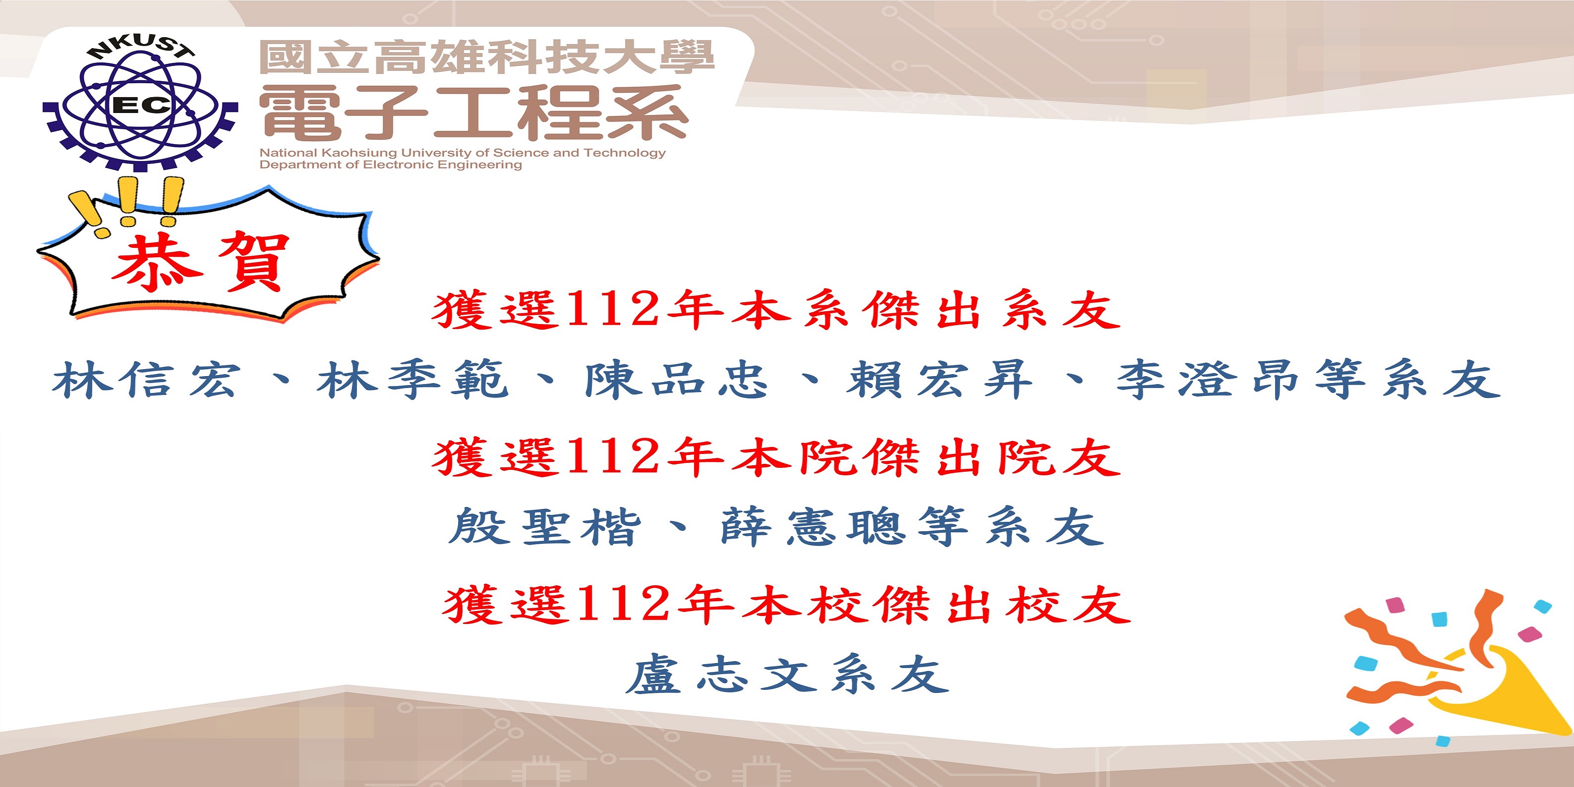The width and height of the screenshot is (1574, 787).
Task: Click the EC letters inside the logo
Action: tap(142, 105)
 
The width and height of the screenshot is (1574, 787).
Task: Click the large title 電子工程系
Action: tap(474, 113)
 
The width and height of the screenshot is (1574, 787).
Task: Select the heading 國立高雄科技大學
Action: tap(487, 57)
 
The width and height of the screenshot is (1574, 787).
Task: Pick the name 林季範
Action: tap(413, 380)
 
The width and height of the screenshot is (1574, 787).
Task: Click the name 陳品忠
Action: tap(676, 380)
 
